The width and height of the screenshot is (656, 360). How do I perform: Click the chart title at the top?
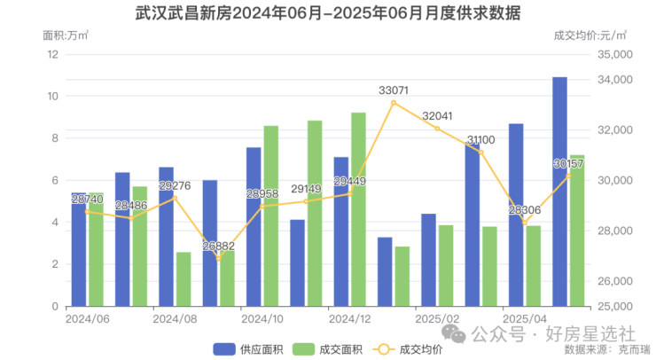(328, 14)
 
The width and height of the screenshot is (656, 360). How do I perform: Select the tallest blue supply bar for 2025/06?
(559, 192)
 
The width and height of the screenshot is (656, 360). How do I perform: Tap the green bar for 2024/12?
(358, 209)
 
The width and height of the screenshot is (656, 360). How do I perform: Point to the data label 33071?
(394, 90)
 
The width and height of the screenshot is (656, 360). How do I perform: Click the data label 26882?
(219, 247)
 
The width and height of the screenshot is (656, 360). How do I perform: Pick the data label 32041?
(438, 116)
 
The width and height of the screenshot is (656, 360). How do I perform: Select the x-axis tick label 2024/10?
(262, 318)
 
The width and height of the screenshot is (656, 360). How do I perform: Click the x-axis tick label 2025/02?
(437, 318)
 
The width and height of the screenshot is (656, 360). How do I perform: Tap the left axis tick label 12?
(52, 54)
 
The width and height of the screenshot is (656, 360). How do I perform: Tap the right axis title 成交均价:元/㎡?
(589, 35)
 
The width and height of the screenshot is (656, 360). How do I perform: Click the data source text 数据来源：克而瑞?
(607, 349)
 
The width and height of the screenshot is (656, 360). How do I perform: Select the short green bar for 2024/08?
(184, 279)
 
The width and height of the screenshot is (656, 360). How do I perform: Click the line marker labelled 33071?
(394, 103)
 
